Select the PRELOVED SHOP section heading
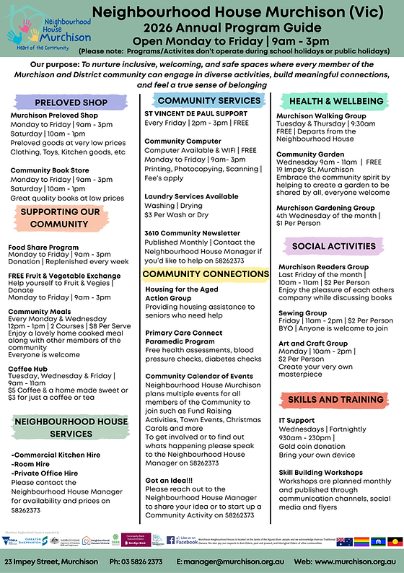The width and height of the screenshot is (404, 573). (62, 102)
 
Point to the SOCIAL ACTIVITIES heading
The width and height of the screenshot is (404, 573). (333, 247)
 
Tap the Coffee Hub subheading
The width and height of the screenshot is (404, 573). (30, 368)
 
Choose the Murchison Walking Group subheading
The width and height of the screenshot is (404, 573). (322, 115)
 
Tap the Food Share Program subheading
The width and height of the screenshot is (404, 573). (43, 247)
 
